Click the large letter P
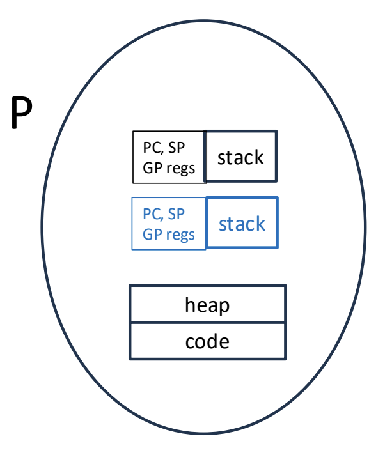22,112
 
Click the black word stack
240,158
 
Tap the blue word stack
242,224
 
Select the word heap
207,305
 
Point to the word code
207,341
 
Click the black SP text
177,147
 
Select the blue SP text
177,214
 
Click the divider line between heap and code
208,322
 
